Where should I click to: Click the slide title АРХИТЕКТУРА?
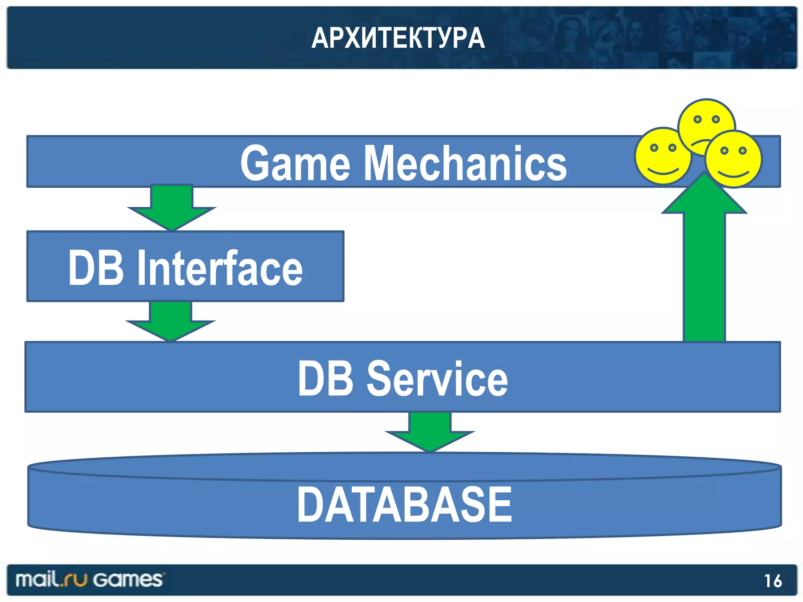coord(398,38)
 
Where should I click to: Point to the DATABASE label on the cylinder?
coord(404,504)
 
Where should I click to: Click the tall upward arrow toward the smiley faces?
coord(704,267)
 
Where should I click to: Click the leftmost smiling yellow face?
coord(663,156)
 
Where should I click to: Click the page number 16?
coord(773,581)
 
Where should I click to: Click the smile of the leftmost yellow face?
coord(663,171)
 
